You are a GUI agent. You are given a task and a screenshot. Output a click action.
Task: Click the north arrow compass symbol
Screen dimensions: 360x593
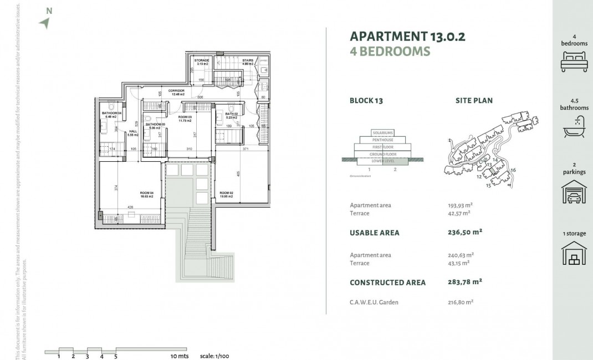click(x=45, y=22)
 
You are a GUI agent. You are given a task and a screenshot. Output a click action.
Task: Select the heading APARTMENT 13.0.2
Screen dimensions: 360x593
click(x=407, y=37)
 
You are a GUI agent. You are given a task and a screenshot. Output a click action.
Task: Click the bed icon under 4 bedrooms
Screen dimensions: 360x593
click(x=574, y=61)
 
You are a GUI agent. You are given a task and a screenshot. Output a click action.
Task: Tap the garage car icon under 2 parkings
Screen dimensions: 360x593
click(x=574, y=192)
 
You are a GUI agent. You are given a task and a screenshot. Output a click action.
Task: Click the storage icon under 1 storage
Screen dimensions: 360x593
click(x=574, y=254)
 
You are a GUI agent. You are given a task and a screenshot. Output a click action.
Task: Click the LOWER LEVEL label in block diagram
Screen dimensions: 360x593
click(x=382, y=161)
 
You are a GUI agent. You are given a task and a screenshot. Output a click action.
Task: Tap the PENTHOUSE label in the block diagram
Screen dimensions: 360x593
click(x=382, y=140)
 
